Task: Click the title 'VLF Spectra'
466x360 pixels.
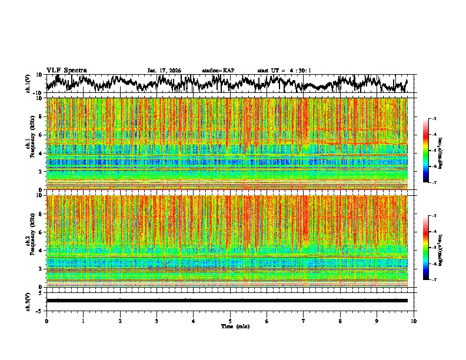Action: pyautogui.click(x=66, y=70)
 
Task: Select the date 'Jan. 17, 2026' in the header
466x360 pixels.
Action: pyautogui.click(x=164, y=71)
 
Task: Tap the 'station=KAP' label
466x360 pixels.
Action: pyautogui.click(x=218, y=71)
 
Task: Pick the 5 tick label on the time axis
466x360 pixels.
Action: pyautogui.click(x=230, y=321)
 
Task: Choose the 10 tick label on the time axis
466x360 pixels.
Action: pyautogui.click(x=414, y=321)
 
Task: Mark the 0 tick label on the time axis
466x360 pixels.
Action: pyautogui.click(x=46, y=321)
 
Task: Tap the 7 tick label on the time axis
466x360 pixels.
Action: pyautogui.click(x=304, y=321)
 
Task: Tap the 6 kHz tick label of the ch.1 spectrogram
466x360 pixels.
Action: pyautogui.click(x=41, y=135)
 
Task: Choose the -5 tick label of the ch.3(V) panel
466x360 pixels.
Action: pyautogui.click(x=40, y=310)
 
